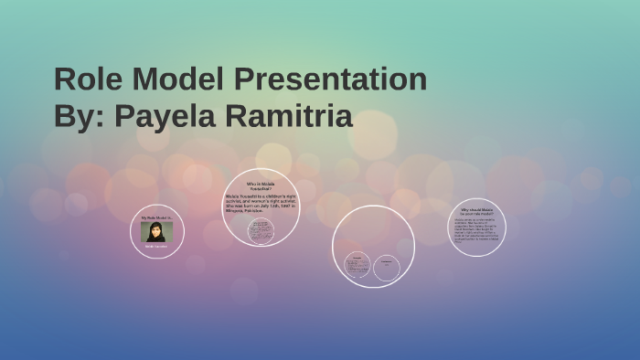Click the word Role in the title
[87, 79]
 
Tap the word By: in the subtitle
[77, 117]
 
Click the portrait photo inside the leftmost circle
[156, 232]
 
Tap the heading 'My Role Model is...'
[156, 218]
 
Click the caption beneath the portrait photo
[156, 247]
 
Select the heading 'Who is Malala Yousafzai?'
[260, 185]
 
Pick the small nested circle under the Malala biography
[261, 230]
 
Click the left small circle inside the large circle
[357, 266]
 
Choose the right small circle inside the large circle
[387, 267]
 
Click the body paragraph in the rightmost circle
[475, 230]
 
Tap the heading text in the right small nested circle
[387, 263]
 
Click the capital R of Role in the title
[65, 79]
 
